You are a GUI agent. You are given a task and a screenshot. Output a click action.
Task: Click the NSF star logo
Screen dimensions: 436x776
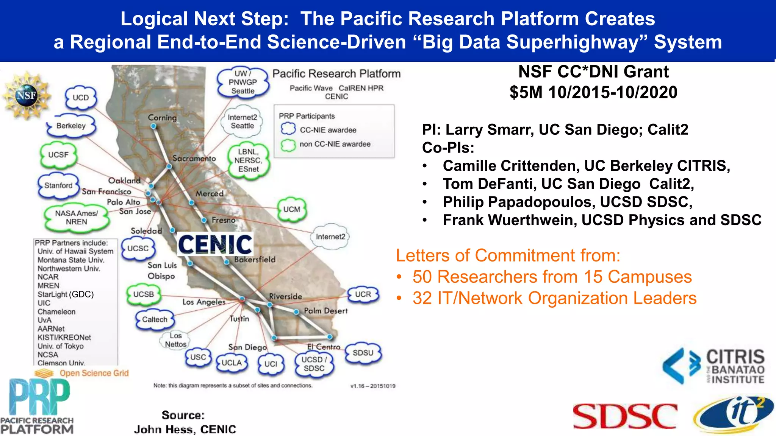pos(26,96)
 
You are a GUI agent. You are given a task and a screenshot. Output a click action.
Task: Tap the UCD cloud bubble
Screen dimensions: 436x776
pos(80,98)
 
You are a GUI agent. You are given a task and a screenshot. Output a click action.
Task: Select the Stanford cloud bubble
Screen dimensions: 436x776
pos(58,185)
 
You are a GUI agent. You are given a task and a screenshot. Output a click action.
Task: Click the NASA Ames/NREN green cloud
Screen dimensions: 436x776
pos(77,218)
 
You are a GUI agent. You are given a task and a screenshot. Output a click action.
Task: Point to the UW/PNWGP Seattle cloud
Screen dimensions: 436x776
pos(242,82)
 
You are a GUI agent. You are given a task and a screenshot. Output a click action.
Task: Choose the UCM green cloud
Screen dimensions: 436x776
pos(291,209)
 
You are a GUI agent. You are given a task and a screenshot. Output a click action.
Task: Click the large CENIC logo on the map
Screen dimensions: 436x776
pos(215,244)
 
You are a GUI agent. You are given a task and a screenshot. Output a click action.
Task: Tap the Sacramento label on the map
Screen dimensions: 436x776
pos(194,158)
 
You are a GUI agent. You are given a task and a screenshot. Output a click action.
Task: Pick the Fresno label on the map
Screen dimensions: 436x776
pos(224,220)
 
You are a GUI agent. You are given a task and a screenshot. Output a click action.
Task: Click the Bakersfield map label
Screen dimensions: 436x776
pos(255,260)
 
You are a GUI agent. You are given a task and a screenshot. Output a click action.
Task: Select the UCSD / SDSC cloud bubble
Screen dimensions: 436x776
pos(314,364)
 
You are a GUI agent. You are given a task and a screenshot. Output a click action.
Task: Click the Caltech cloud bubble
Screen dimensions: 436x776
pos(155,319)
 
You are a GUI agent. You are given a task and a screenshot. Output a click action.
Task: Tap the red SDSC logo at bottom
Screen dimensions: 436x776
pos(625,416)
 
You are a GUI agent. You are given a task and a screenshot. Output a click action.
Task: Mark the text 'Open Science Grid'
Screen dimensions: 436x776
pos(94,373)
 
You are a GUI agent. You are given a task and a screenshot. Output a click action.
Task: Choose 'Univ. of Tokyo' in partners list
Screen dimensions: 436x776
pos(61,346)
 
